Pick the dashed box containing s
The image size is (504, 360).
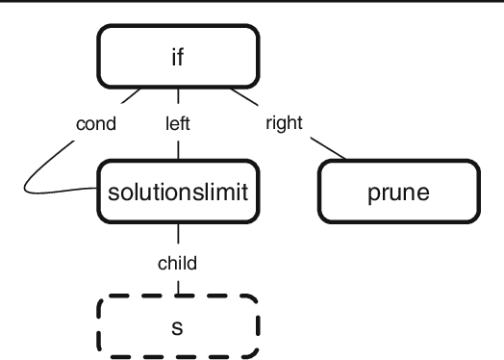tap(179, 324)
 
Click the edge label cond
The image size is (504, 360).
tap(96, 123)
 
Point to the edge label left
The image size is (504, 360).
tap(179, 123)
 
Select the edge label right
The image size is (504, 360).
tap(284, 123)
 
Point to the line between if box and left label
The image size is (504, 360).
tap(179, 100)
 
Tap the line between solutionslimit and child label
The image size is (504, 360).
tap(179, 236)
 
